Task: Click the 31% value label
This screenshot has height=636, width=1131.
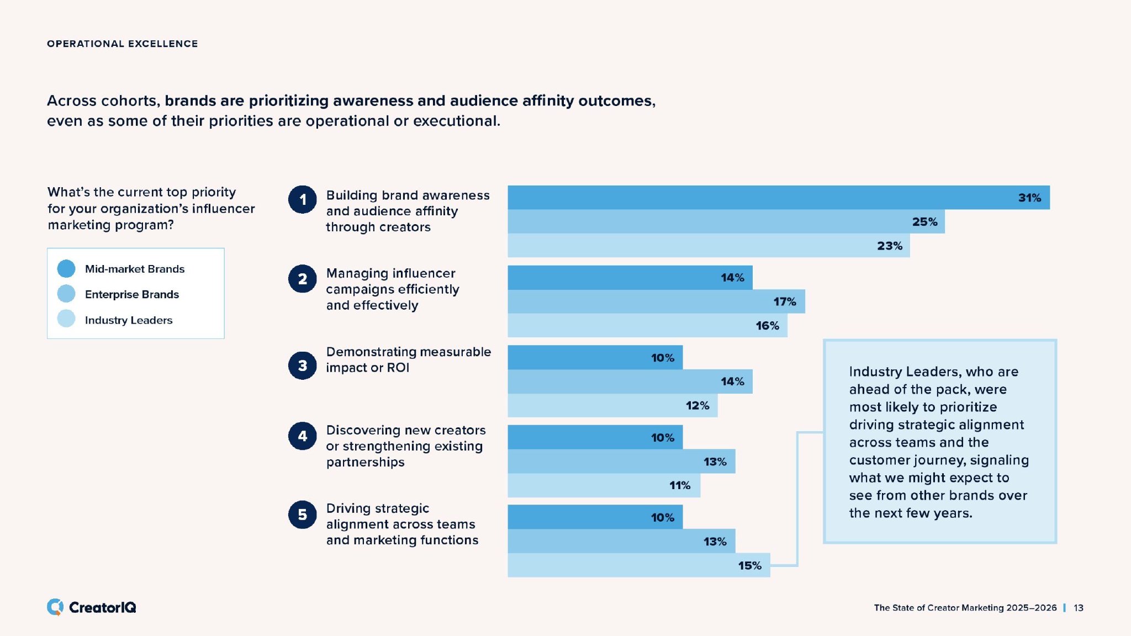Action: [x=1029, y=198]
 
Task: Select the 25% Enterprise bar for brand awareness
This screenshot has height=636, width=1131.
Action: [x=726, y=221]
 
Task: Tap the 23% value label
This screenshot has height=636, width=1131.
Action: [x=889, y=246]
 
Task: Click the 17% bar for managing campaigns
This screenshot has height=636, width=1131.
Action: [x=656, y=301]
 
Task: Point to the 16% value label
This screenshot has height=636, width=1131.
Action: [x=767, y=326]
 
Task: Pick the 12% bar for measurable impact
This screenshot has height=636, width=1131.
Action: [x=612, y=405]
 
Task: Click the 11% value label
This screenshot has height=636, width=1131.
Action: [x=680, y=485]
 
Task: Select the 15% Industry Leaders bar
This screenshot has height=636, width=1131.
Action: [x=638, y=565]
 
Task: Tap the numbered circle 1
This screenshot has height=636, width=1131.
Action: [x=303, y=199]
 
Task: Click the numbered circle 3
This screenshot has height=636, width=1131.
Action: [x=303, y=365]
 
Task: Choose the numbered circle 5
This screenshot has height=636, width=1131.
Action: [x=303, y=515]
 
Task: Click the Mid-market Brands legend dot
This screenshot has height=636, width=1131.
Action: [x=66, y=269]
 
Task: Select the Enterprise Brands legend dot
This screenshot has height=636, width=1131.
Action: [x=66, y=294]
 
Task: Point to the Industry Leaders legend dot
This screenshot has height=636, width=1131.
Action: [x=66, y=319]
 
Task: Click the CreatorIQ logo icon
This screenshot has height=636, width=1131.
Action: [x=55, y=607]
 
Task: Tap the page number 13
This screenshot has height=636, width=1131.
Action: [x=1079, y=608]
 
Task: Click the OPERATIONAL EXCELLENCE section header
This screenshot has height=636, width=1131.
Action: [x=122, y=44]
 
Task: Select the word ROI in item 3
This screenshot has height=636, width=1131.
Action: [x=398, y=368]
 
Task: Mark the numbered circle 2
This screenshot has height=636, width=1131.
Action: [x=303, y=279]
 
